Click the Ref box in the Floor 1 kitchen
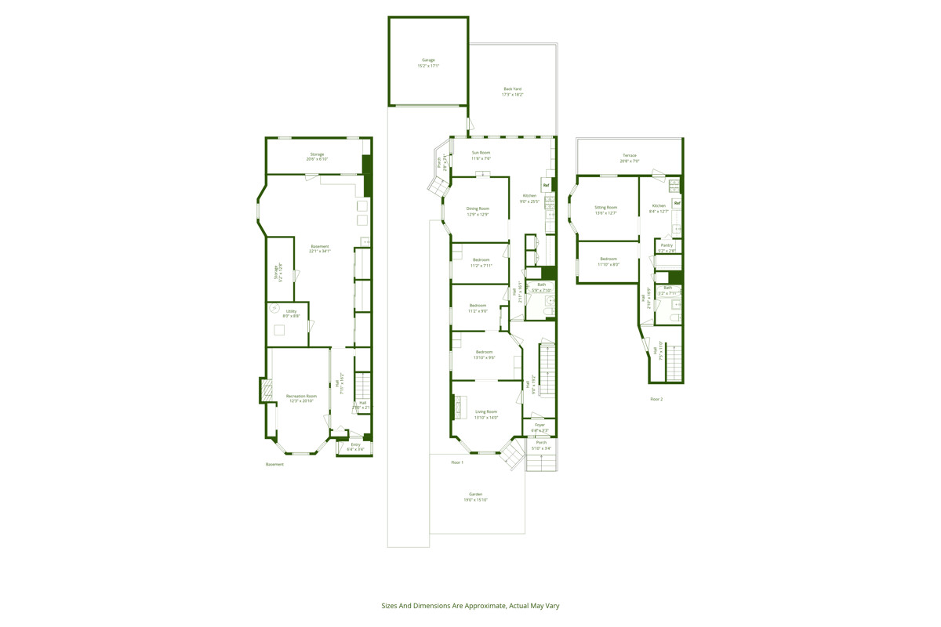546,185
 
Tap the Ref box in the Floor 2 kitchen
677,203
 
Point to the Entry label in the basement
356,447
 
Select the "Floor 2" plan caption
656,399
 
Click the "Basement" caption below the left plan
274,464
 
